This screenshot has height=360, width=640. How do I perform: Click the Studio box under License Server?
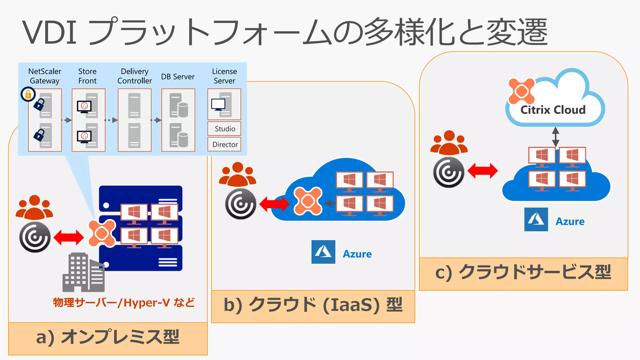pyautogui.click(x=224, y=129)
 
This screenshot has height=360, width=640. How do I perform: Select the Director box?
pyautogui.click(x=224, y=144)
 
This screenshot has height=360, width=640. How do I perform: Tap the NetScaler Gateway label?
pyautogui.click(x=45, y=76)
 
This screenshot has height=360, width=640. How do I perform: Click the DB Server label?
pyautogui.click(x=178, y=77)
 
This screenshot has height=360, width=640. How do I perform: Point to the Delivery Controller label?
pyautogui.click(x=134, y=76)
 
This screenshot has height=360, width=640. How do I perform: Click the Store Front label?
pyautogui.click(x=87, y=76)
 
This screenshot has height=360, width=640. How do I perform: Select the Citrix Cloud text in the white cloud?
pyautogui.click(x=552, y=110)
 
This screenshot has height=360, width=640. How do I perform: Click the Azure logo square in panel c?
pyautogui.click(x=536, y=219)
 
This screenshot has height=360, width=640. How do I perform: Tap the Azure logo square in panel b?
pyautogui.click(x=323, y=252)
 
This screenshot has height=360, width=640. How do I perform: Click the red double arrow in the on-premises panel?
pyautogui.click(x=69, y=237)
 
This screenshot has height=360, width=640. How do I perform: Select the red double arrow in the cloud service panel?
pyautogui.click(x=482, y=171)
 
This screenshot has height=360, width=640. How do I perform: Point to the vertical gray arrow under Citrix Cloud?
pyautogui.click(x=555, y=137)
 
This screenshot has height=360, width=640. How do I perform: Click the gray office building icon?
pyautogui.click(x=83, y=272)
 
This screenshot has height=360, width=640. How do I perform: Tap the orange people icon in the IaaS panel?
pyautogui.click(x=237, y=174)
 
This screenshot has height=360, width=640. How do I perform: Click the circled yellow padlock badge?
pyautogui.click(x=28, y=94)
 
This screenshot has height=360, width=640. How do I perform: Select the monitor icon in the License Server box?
pyautogui.click(x=218, y=104)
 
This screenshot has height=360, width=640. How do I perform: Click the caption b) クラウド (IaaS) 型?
pyautogui.click(x=313, y=305)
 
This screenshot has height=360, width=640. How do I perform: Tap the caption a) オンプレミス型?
pyautogui.click(x=108, y=337)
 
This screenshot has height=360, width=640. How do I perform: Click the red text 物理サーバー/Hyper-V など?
pyautogui.click(x=124, y=302)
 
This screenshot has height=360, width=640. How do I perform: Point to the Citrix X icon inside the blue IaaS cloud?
pyautogui.click(x=308, y=201)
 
